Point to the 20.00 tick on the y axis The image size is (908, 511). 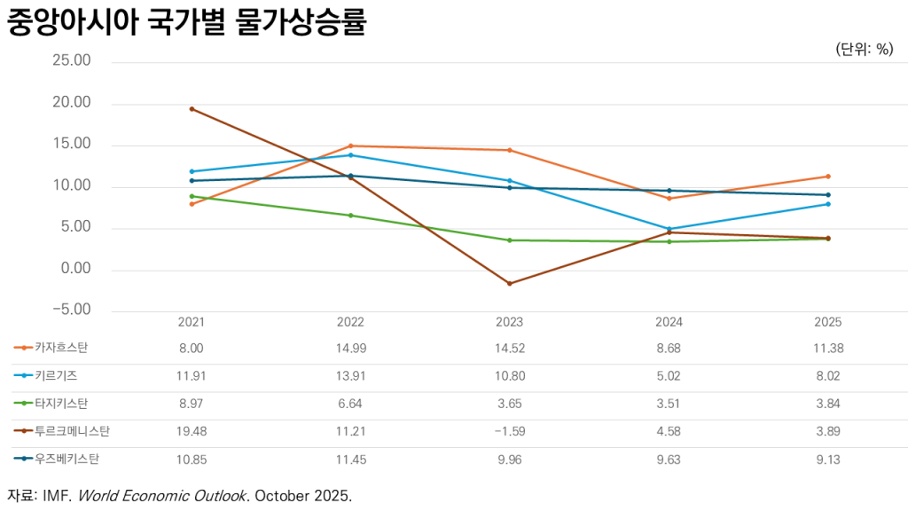coord(72,103)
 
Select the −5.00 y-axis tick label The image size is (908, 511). coord(72,310)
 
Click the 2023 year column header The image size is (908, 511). coord(509,322)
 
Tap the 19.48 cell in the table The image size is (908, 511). coord(192,432)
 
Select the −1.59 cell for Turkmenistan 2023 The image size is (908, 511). coord(509,432)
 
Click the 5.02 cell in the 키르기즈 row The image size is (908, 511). coord(668,376)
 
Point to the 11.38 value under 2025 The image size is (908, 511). coord(827,349)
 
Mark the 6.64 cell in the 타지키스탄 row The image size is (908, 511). coord(350,404)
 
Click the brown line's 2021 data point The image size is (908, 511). coord(192,109)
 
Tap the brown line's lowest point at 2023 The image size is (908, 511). coord(509,284)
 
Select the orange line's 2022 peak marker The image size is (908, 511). coord(350,145)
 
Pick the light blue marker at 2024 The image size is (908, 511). coord(668,229)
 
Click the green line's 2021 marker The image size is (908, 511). coord(192,196)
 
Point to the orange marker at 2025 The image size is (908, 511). coord(827,177)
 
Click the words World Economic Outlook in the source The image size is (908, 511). coord(161,496)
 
